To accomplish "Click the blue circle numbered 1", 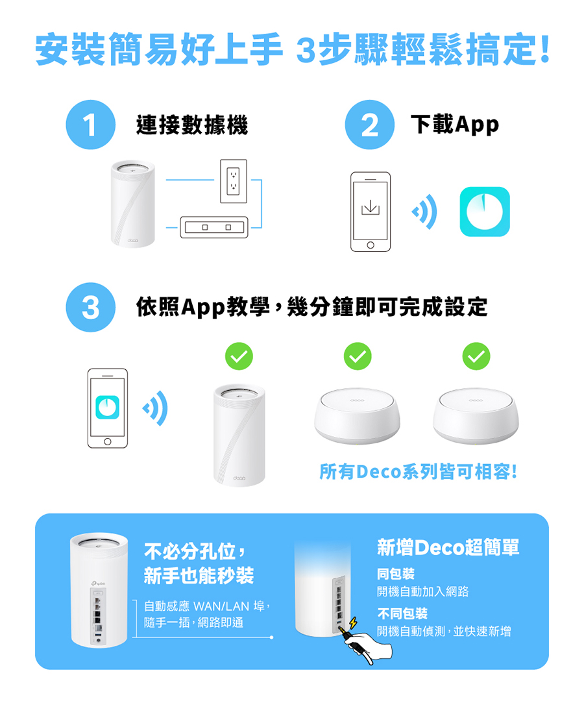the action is (x=91, y=125).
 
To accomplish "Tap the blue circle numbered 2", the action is (x=369, y=125).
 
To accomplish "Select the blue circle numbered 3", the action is (x=91, y=307).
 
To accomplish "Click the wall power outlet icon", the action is (x=233, y=181).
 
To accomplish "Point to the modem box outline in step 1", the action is (x=214, y=227).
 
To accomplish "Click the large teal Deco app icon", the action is (x=485, y=212).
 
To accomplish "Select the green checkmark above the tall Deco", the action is (x=239, y=356).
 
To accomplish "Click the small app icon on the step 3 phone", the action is (x=107, y=407).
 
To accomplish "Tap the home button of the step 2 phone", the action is (x=371, y=245).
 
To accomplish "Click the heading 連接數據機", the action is (x=192, y=125).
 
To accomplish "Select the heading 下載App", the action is (x=455, y=125).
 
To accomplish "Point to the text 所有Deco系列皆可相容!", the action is (x=419, y=472).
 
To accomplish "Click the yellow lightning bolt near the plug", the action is (x=353, y=622).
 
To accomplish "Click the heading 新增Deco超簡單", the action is (x=448, y=547).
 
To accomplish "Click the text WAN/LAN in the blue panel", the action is (x=221, y=606).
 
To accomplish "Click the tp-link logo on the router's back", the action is (x=98, y=583).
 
